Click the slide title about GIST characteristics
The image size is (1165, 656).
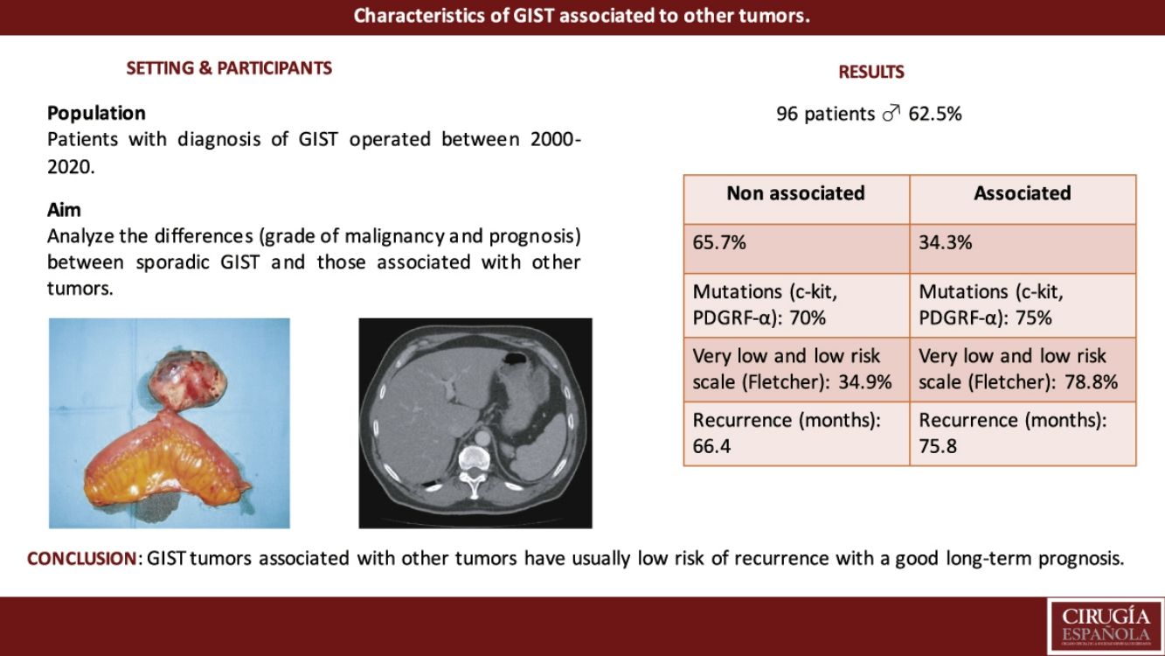(582, 16)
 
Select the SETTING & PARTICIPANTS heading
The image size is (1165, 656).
(229, 68)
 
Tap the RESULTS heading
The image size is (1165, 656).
(871, 72)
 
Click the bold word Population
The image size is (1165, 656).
(96, 114)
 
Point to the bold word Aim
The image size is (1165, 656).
(64, 210)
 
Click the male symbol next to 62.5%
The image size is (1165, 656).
(891, 113)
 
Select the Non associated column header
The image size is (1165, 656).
(795, 193)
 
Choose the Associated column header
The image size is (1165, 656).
(1023, 193)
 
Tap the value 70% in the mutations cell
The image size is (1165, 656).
(808, 318)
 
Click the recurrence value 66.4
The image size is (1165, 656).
(711, 446)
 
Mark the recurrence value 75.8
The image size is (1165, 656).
(938, 446)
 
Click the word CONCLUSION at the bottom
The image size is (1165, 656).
(81, 559)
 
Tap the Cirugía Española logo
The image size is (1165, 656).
(1106, 627)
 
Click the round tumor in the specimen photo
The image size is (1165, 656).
(188, 378)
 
